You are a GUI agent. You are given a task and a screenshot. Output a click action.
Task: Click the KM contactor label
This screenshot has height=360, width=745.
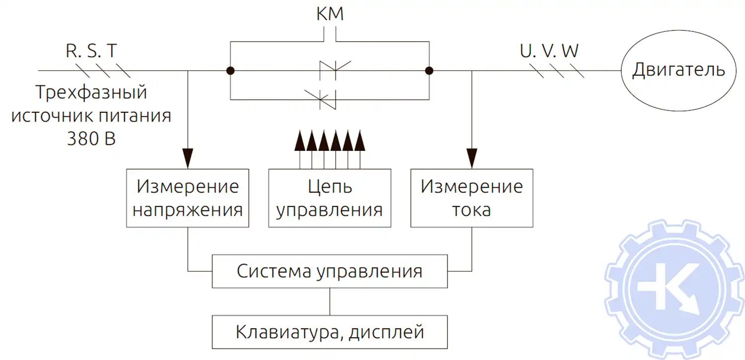[330, 14]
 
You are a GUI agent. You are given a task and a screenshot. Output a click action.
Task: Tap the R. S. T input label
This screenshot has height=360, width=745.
[92, 52]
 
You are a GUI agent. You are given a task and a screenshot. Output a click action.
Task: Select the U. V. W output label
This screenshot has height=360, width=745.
[549, 52]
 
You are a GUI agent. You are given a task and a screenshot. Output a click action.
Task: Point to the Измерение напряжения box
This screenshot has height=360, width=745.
[188, 198]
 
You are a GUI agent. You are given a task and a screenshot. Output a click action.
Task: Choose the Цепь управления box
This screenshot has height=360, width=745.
[329, 198]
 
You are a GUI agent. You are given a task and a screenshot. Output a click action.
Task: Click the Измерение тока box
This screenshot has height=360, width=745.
[472, 198]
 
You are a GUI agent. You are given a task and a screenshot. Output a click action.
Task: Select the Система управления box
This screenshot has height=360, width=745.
[329, 272]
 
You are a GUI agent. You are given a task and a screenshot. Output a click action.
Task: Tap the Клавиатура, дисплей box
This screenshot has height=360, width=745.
[329, 331]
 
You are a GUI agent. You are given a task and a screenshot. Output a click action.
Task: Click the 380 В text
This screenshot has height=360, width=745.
[91, 139]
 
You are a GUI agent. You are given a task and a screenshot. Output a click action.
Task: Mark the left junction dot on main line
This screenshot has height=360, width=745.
[230, 71]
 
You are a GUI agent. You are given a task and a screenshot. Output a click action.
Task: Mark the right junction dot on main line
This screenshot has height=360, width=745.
[429, 71]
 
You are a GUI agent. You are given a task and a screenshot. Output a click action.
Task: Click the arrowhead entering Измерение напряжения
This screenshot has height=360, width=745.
[188, 157]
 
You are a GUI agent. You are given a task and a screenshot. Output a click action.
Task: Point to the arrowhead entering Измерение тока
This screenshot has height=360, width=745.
[472, 157]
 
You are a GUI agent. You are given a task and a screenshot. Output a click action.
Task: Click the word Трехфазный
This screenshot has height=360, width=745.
[91, 93]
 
